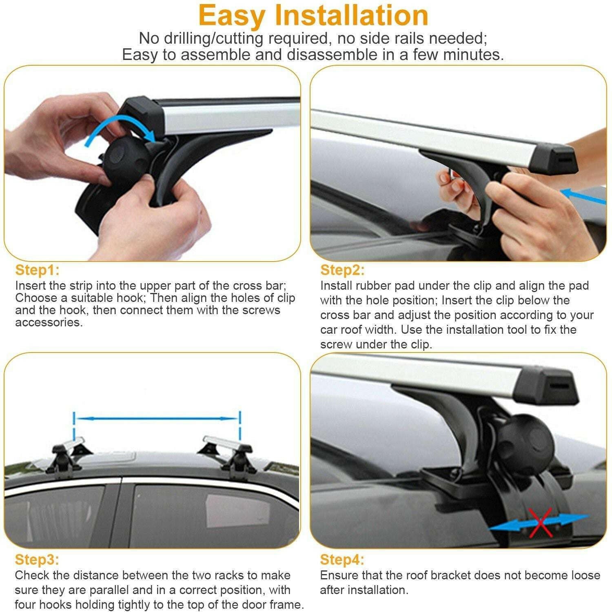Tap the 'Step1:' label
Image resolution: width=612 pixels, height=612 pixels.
[x=37, y=270]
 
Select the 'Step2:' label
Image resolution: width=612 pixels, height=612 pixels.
[x=342, y=270]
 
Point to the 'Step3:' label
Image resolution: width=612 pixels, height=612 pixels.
[x=37, y=559]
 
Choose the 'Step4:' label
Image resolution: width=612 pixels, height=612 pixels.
[x=342, y=559]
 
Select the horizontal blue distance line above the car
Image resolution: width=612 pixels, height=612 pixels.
[x=157, y=418]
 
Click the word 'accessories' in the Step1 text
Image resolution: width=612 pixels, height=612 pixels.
[x=49, y=322]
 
